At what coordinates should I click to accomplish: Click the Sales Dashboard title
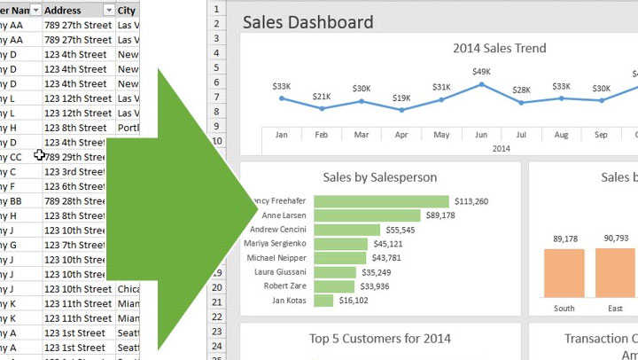pos(307,22)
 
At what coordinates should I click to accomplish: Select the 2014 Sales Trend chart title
pos(499,49)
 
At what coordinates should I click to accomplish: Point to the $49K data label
pos(481,72)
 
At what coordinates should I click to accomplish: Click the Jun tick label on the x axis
pos(481,135)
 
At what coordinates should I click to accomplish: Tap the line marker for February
pos(322,108)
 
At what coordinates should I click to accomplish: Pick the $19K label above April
pos(401,98)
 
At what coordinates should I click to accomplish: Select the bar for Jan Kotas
pos(323,301)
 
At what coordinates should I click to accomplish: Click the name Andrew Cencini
pos(277,230)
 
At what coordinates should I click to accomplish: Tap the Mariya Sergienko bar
pos(340,244)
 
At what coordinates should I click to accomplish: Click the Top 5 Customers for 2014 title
pos(379,338)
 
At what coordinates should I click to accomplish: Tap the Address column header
pos(64,10)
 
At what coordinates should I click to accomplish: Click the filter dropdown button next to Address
pos(108,10)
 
